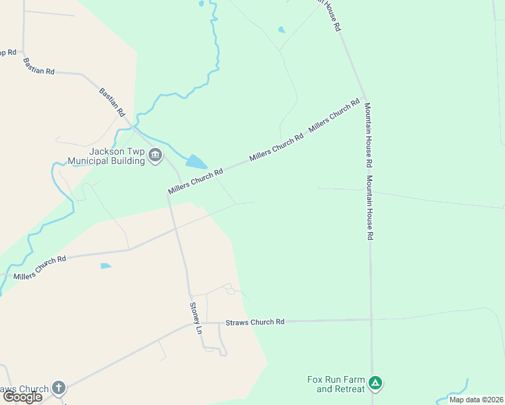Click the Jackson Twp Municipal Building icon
pyautogui.click(x=155, y=157)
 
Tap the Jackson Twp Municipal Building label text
pyautogui.click(x=107, y=156)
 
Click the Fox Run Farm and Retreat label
pyautogui.click(x=336, y=384)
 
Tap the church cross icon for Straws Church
pyautogui.click(x=59, y=388)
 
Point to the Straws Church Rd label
pyautogui.click(x=255, y=322)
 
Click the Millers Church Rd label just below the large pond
pyautogui.click(x=196, y=182)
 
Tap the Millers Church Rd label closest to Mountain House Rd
pyautogui.click(x=334, y=115)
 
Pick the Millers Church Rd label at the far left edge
pyautogui.click(x=39, y=267)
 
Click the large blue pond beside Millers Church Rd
pyautogui.click(x=196, y=162)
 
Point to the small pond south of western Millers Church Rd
pyautogui.click(x=105, y=266)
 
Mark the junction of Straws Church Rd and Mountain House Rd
pyautogui.click(x=371, y=320)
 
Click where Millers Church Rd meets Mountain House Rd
pyautogui.click(x=365, y=97)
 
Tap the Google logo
pyautogui.click(x=22, y=397)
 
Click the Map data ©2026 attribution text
pyautogui.click(x=476, y=400)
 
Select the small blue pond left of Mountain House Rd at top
pyautogui.click(x=282, y=30)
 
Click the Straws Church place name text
pyautogui.click(x=24, y=389)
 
